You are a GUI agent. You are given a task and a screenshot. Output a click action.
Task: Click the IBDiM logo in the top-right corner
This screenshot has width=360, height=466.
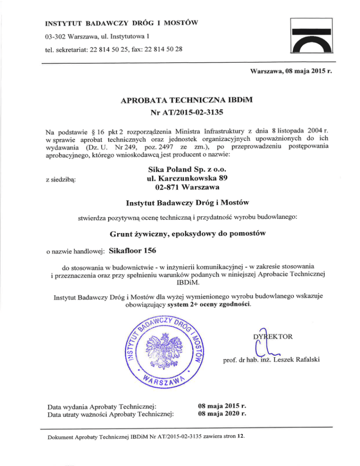point(312,38)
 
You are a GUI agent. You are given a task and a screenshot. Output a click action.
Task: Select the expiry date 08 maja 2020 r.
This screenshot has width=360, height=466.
point(223,414)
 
